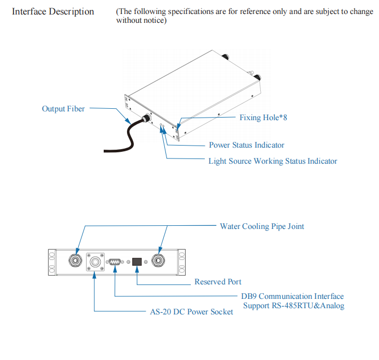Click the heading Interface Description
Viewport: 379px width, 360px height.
[x=53, y=11]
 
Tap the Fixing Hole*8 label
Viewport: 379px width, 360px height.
[x=263, y=118]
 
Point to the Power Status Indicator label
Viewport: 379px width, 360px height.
[x=246, y=145]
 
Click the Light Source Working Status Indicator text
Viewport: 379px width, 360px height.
[x=272, y=161]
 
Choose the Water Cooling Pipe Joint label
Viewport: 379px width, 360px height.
[x=262, y=226]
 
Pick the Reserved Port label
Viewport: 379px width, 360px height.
[x=218, y=282]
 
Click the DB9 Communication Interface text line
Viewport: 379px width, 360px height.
[x=292, y=296]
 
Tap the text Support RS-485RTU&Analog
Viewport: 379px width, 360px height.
[x=293, y=306]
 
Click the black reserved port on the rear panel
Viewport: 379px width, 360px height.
[x=137, y=262]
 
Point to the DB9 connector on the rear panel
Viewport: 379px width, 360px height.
[x=115, y=262]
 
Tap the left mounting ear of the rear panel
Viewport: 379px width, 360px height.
[x=52, y=262]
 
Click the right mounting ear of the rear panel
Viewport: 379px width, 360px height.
[x=181, y=262]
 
